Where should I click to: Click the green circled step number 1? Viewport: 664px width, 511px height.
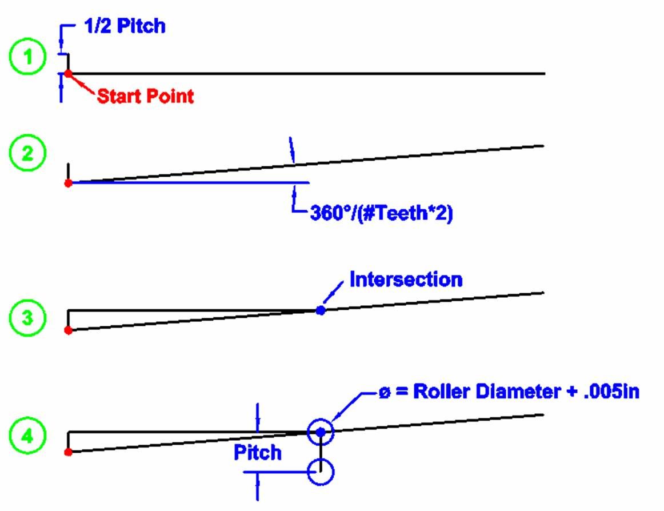27,60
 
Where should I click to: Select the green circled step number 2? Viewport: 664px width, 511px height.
27,155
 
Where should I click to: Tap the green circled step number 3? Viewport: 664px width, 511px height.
27,318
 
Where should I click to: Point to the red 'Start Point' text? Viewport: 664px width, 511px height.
145,96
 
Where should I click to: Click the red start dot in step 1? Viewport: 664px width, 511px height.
68,74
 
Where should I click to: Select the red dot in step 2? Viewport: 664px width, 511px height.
68,183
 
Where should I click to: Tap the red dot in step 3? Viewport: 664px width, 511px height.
68,330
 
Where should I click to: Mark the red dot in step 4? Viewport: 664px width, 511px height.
68,452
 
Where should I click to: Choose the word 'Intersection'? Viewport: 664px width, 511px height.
406,280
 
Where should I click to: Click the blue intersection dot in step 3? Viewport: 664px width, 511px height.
321,310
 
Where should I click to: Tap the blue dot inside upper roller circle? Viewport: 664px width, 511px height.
321,432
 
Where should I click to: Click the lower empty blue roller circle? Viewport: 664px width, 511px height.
321,472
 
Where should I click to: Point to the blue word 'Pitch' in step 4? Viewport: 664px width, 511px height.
258,453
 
